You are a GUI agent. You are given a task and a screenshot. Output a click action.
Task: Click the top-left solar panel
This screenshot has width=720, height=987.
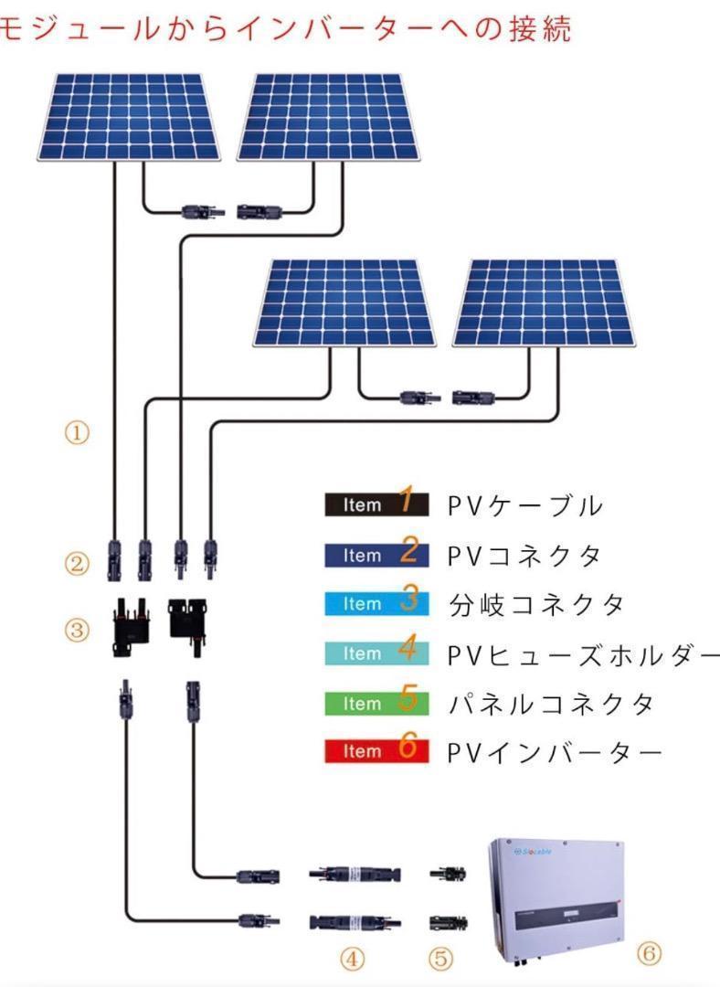130,116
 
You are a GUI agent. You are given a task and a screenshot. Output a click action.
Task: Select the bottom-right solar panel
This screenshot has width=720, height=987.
545,302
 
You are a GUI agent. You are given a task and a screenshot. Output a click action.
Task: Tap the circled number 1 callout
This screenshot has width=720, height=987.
77,433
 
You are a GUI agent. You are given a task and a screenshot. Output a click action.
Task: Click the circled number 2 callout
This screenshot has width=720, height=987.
77,563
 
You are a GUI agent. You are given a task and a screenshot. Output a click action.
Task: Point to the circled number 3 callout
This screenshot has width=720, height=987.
77,630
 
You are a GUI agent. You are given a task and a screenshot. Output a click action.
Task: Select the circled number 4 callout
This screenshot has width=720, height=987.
353,959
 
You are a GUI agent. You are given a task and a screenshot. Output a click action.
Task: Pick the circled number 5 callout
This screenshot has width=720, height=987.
440,959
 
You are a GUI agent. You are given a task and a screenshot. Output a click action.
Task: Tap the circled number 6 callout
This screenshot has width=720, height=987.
649,953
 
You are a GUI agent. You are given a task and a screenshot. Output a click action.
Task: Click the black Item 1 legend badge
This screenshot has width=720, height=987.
376,504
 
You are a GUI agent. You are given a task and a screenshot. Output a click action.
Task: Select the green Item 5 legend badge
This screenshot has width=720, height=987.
376,703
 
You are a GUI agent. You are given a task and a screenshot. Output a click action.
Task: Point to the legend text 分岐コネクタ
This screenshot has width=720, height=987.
536,605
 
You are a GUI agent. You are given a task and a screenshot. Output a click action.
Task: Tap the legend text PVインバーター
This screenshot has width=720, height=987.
555,752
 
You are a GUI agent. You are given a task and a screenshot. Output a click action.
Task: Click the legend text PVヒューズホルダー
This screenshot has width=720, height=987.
584,654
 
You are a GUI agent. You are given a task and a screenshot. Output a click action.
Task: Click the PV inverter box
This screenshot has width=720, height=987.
557,900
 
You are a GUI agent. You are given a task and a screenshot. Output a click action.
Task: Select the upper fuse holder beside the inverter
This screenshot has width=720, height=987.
355,874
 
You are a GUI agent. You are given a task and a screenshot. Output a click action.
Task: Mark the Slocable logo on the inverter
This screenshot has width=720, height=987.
533,852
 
